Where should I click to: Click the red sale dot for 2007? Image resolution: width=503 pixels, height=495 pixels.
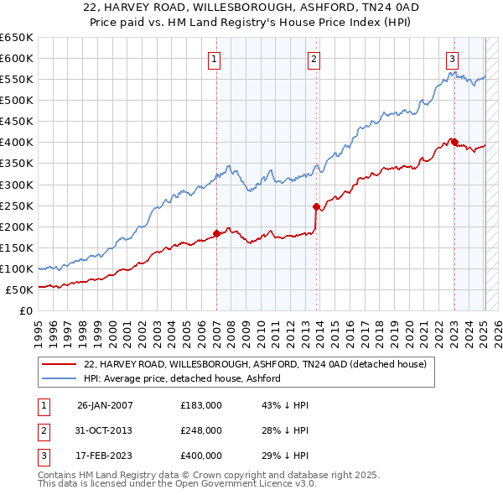[x=216, y=233]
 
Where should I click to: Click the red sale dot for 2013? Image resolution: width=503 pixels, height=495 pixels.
[x=316, y=206]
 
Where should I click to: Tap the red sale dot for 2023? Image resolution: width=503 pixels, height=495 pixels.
[x=454, y=142]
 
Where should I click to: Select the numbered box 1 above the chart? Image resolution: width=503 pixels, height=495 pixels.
[x=215, y=59]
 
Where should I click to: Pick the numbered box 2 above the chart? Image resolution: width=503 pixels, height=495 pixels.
[x=313, y=59]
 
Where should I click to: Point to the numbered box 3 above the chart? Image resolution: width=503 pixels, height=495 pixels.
[x=452, y=59]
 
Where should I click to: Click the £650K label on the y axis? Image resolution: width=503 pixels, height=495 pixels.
[x=17, y=38]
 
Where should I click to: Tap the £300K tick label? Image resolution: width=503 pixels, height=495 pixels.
[x=17, y=185]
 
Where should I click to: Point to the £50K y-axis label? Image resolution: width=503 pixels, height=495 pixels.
[x=19, y=289]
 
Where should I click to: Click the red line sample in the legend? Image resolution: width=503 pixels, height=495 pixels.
[x=60, y=364]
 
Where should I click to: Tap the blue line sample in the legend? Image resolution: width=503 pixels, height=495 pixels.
[x=60, y=378]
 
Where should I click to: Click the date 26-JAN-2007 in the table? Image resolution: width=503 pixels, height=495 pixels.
[x=105, y=405]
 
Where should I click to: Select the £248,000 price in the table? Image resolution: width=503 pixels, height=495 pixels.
[x=201, y=430]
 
